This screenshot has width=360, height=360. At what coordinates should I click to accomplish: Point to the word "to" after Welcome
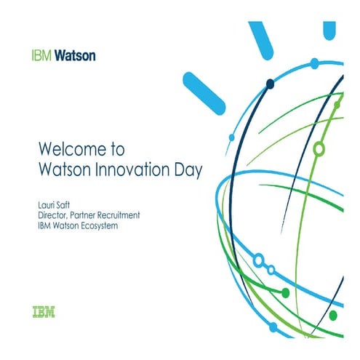coord(116,150)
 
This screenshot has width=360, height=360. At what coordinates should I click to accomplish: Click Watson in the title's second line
coord(64,172)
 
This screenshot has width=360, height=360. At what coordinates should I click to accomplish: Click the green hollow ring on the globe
coord(318,149)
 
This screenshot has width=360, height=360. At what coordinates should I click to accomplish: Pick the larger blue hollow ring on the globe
coord(258,260)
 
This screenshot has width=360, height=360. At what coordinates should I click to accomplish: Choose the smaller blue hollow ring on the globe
coord(271,269)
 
